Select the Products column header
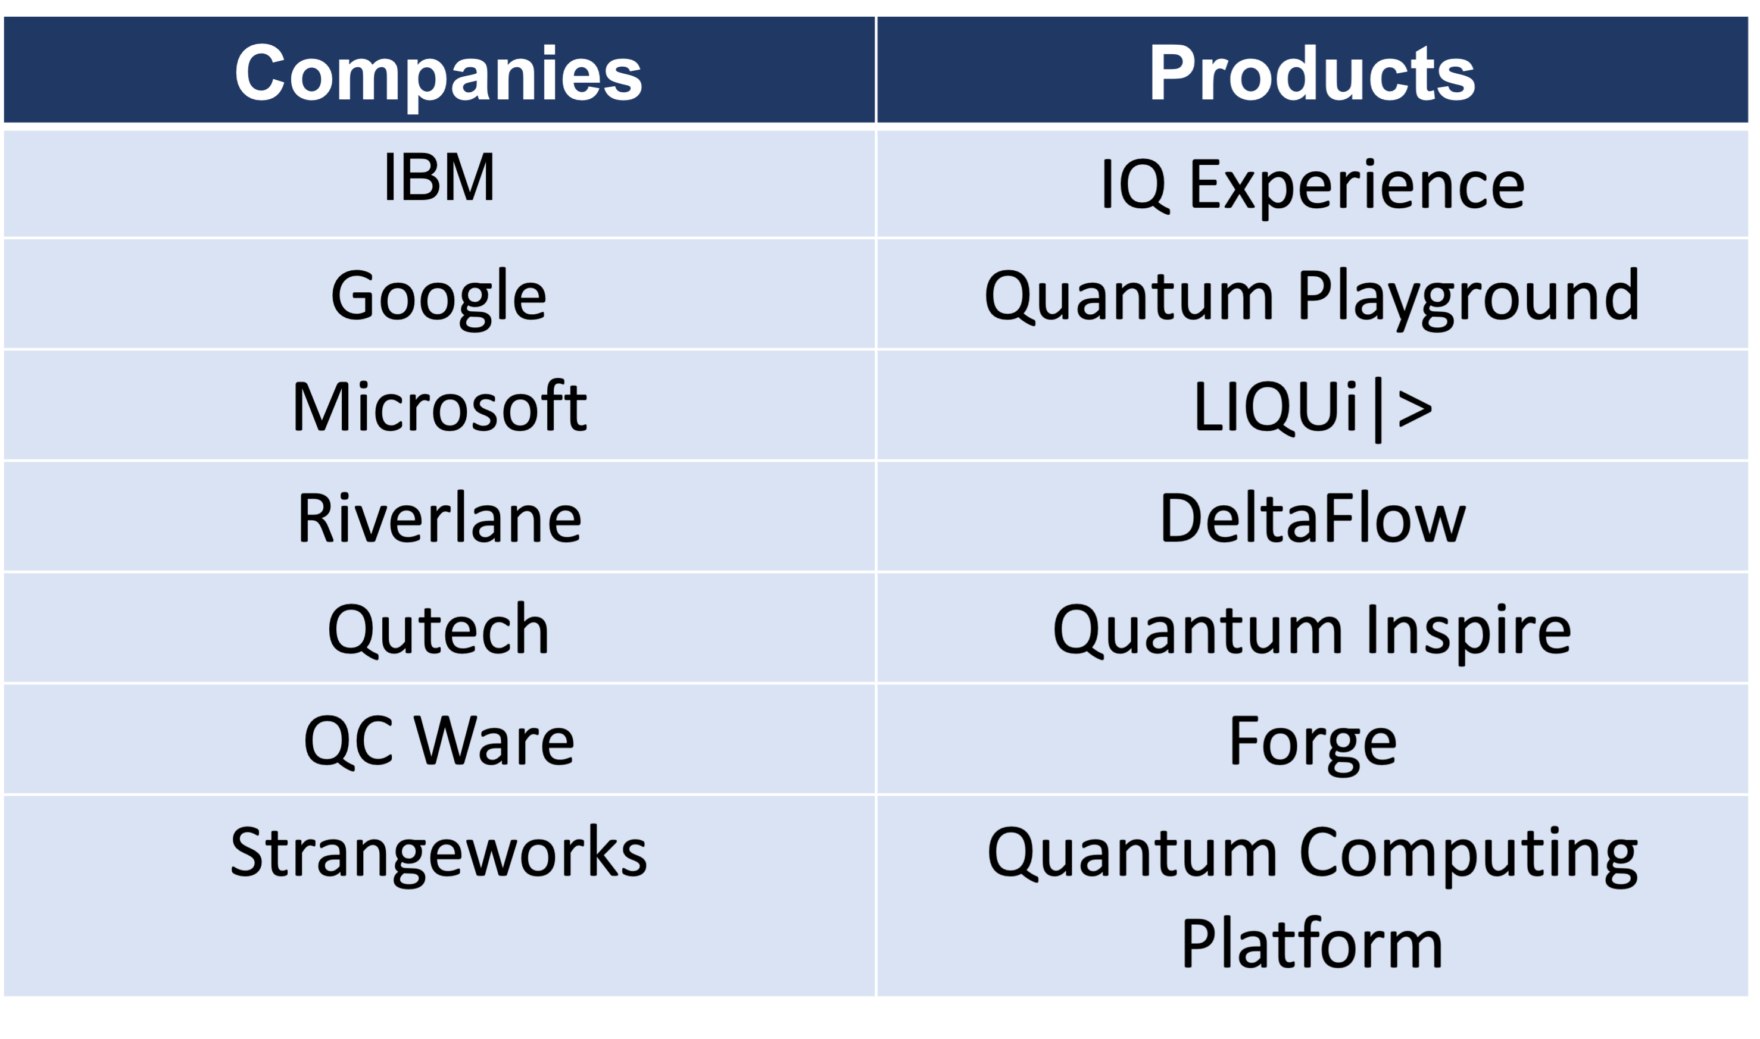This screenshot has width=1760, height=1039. coord(1312,73)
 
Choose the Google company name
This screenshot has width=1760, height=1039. coord(438,298)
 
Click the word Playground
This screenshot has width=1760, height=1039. coord(1468,298)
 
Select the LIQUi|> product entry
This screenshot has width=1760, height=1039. coord(1312,409)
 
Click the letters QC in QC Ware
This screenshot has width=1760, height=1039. coord(348,743)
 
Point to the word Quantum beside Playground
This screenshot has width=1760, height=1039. coord(1128,297)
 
